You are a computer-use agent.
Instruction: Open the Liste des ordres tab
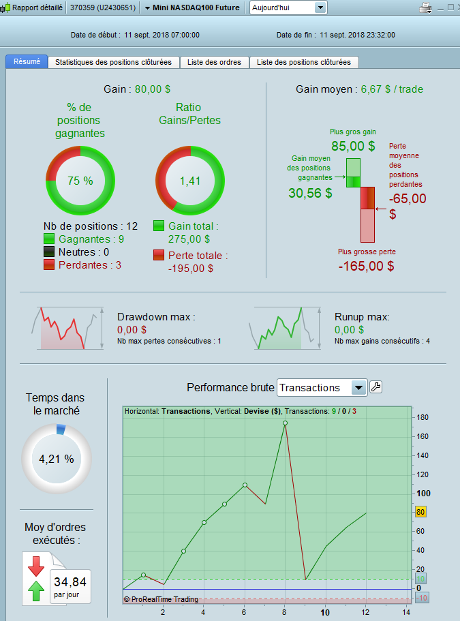(x=215, y=62)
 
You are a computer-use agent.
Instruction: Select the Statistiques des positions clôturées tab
(x=114, y=62)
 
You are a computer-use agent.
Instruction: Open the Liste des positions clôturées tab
(x=304, y=62)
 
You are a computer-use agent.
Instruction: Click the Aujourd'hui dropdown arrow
(x=320, y=8)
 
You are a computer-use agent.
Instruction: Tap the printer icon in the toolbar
(x=425, y=8)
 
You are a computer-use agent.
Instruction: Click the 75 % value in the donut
(x=80, y=181)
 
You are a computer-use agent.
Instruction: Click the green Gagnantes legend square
(x=49, y=239)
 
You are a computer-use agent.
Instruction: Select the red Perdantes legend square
(x=49, y=264)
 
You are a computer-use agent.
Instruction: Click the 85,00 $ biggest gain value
(x=353, y=146)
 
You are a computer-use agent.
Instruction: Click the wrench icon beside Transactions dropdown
(x=375, y=387)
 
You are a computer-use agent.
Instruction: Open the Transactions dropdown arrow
(x=358, y=388)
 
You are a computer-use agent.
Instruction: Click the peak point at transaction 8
(x=285, y=423)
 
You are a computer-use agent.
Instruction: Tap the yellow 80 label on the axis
(x=420, y=511)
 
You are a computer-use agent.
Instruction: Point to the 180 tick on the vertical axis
(x=422, y=417)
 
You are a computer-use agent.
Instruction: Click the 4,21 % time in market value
(x=57, y=459)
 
